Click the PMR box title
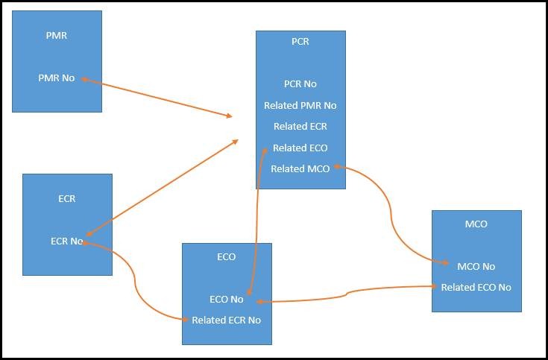click(57, 35)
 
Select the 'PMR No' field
click(57, 78)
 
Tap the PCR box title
click(300, 42)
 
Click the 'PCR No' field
click(300, 84)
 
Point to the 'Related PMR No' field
click(300, 105)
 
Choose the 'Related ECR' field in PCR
click(300, 126)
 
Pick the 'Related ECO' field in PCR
click(300, 148)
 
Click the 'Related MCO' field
click(300, 168)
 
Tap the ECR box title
click(67, 199)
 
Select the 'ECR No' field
click(67, 241)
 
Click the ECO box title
click(227, 256)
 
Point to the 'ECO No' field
click(227, 299)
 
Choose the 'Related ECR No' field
click(227, 320)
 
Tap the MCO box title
click(476, 224)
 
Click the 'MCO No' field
click(476, 266)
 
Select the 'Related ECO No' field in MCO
click(476, 287)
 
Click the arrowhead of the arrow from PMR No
click(230, 116)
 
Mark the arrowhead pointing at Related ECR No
click(184, 320)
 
